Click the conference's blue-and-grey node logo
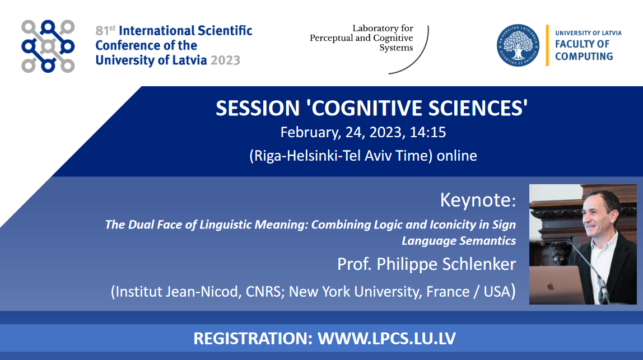[x=48, y=46]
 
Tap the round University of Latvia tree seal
[x=518, y=45]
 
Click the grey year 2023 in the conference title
[x=225, y=60]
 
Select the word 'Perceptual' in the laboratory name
[x=332, y=38]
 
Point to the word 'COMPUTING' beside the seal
[x=584, y=57]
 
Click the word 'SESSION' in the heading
[x=258, y=108]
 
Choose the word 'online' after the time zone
[x=457, y=156]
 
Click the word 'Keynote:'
[x=478, y=200]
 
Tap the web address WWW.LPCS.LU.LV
[x=386, y=339]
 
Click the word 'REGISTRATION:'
[x=253, y=339]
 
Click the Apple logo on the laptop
[x=551, y=286]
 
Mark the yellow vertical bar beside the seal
[x=547, y=45]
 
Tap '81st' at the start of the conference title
[x=105, y=31]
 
